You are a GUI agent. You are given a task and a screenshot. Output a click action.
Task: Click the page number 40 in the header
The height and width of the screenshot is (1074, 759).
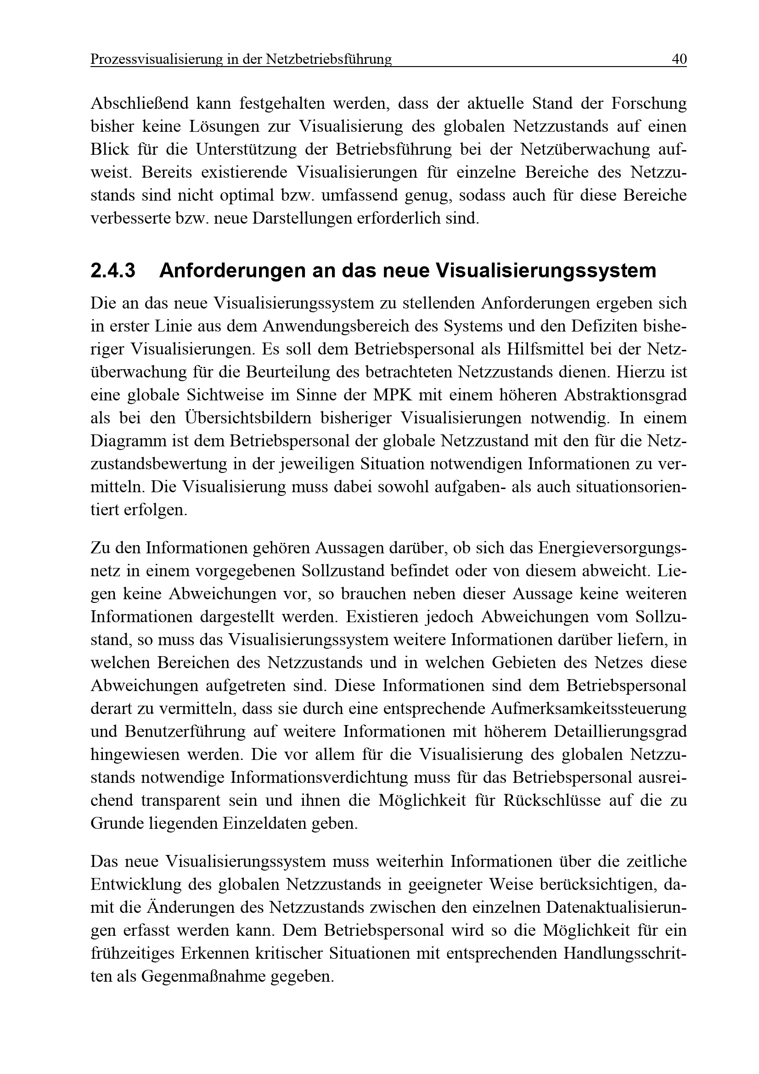point(679,59)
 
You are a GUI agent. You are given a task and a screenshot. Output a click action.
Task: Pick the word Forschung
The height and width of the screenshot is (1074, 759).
point(649,103)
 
